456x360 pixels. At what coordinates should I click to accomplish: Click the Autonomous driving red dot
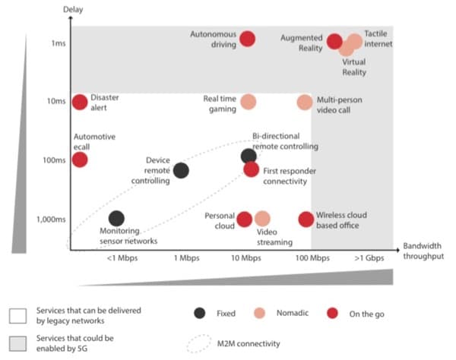click(247, 39)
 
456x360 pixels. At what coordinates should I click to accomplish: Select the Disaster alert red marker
click(79, 102)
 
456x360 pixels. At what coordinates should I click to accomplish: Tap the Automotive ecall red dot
click(79, 159)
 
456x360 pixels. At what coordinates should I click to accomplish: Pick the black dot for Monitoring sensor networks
click(116, 219)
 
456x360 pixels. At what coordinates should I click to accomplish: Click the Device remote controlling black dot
click(181, 170)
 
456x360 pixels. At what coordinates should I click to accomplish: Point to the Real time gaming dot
click(248, 102)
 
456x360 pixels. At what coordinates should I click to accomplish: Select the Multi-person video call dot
click(305, 102)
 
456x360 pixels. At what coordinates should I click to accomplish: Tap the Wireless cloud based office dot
click(306, 219)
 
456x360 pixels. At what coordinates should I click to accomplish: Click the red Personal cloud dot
click(244, 219)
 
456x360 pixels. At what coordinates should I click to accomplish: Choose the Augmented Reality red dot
click(334, 41)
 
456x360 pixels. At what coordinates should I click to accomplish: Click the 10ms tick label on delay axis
click(52, 102)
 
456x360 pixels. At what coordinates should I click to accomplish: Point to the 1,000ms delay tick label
click(47, 219)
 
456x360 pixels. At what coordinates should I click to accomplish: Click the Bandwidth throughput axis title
click(419, 252)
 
